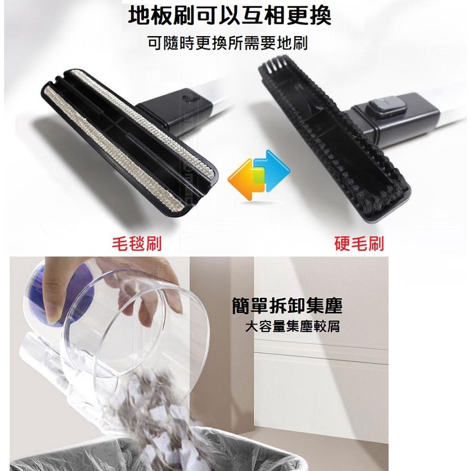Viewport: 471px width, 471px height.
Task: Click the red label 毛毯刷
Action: pyautogui.click(x=137, y=243)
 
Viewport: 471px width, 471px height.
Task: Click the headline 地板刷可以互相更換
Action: pyautogui.click(x=230, y=16)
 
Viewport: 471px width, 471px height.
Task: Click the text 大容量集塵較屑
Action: pyautogui.click(x=293, y=328)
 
